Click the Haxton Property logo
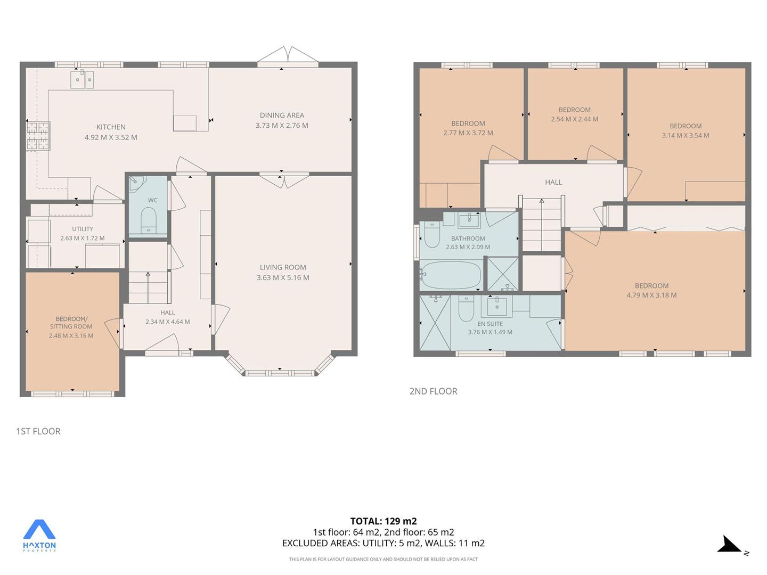(39, 536)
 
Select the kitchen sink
(82, 80)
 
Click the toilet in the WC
(148, 220)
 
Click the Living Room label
(283, 267)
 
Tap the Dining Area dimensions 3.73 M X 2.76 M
(282, 125)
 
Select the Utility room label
(83, 229)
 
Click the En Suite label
(490, 324)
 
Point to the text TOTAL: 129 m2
(383, 521)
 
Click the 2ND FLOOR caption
(433, 391)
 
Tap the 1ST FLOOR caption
(38, 431)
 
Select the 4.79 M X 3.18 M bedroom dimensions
(652, 295)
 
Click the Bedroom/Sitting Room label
(71, 323)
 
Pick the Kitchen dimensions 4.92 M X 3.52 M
(111, 137)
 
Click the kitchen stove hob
(38, 136)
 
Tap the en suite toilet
(466, 309)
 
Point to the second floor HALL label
(553, 182)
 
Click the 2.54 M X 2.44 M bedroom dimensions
(575, 119)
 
